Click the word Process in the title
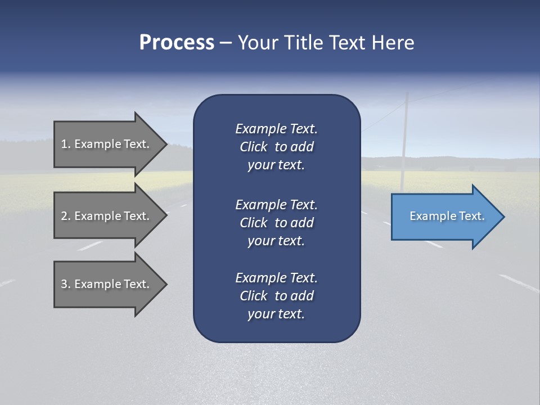(x=177, y=43)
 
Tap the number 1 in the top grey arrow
(x=64, y=144)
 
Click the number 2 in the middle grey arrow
(x=64, y=216)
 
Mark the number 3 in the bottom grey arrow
(x=64, y=284)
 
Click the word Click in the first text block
(x=254, y=147)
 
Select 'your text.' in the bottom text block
(x=276, y=314)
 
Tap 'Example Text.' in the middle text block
(x=276, y=204)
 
